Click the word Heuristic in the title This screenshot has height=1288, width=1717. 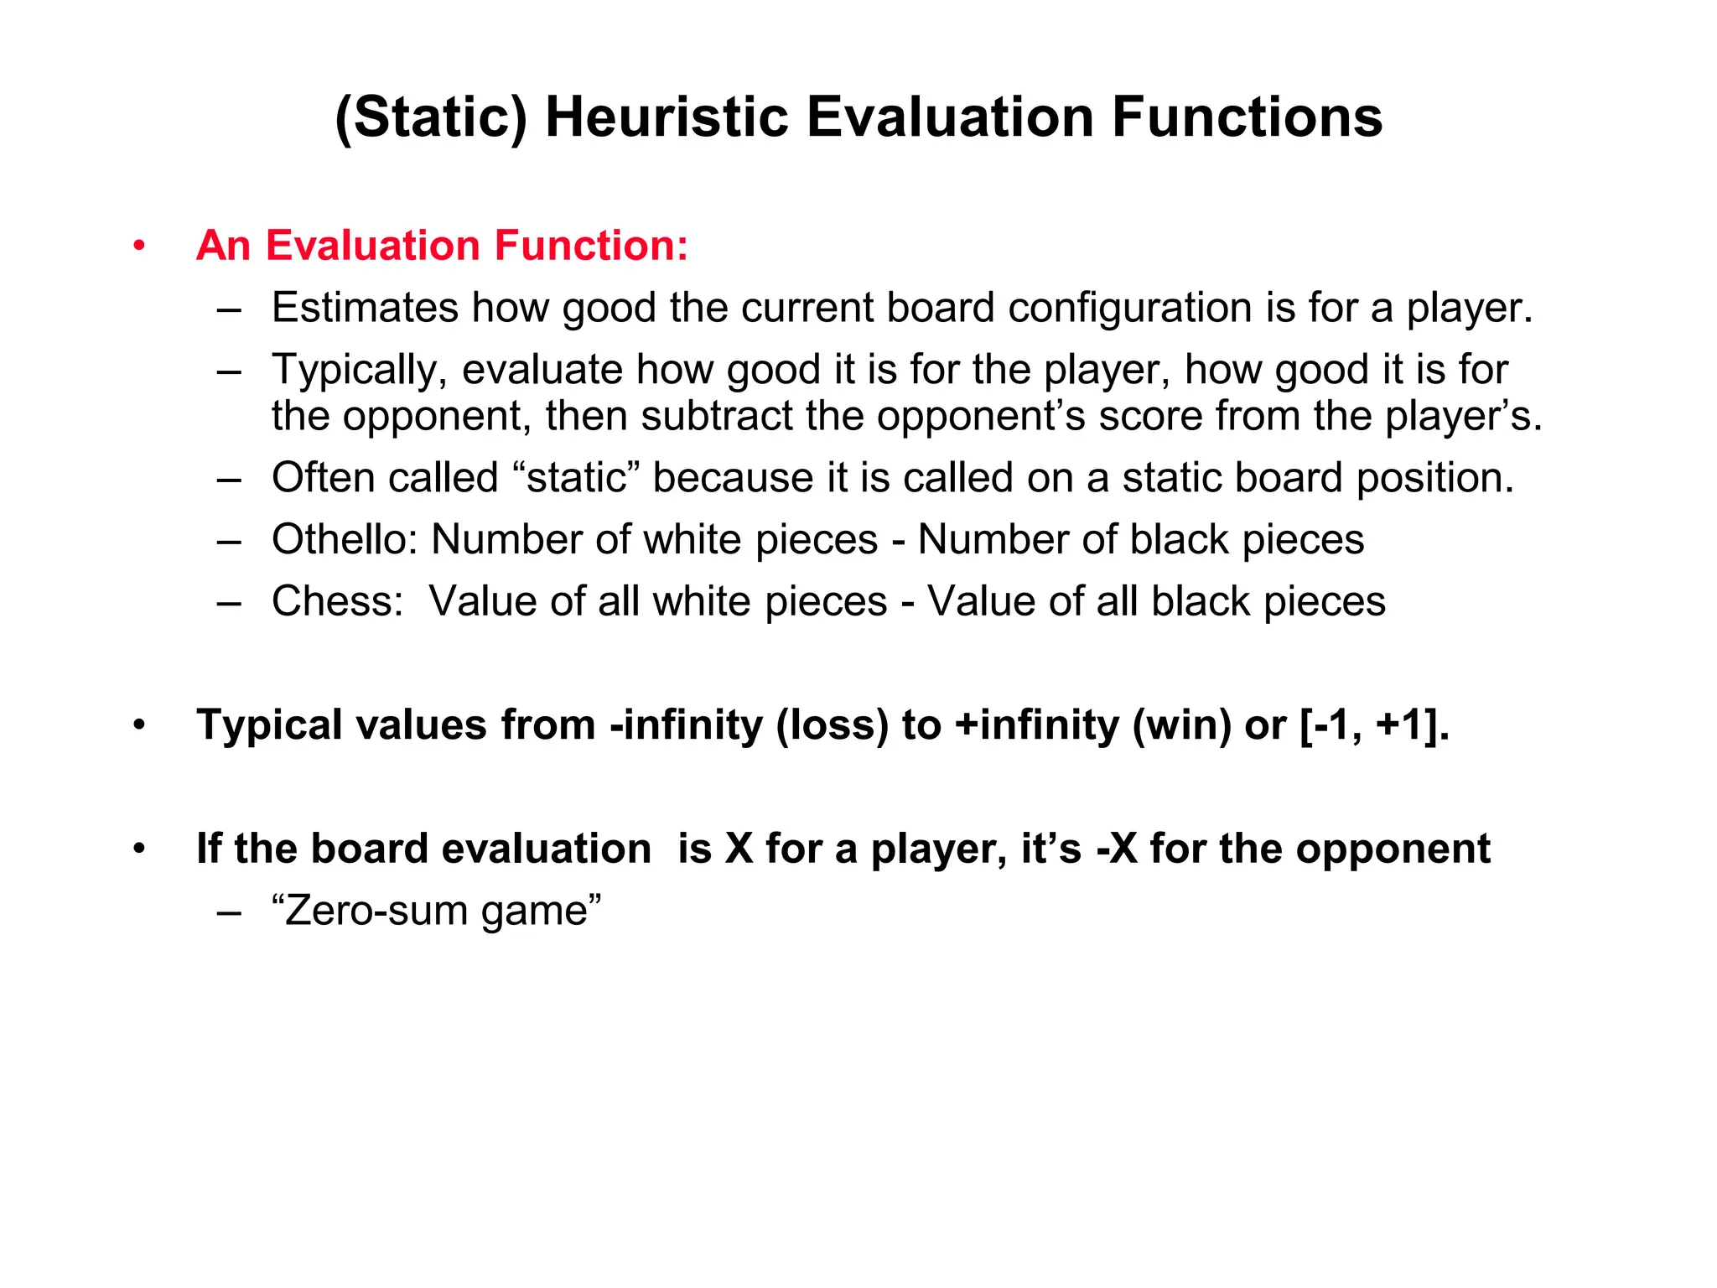tap(667, 117)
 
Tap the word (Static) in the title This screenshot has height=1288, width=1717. tap(430, 118)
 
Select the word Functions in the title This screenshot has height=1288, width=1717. tap(1247, 117)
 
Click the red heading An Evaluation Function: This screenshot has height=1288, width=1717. tap(442, 246)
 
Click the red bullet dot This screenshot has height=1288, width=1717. tap(139, 247)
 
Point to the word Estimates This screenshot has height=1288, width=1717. tap(365, 308)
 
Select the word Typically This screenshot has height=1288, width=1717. tap(360, 371)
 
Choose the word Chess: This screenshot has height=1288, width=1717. tap(338, 601)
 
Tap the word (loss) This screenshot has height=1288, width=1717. tap(832, 725)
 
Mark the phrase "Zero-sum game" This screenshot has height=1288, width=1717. tap(437, 911)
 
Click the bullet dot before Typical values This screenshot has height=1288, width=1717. tap(139, 725)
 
